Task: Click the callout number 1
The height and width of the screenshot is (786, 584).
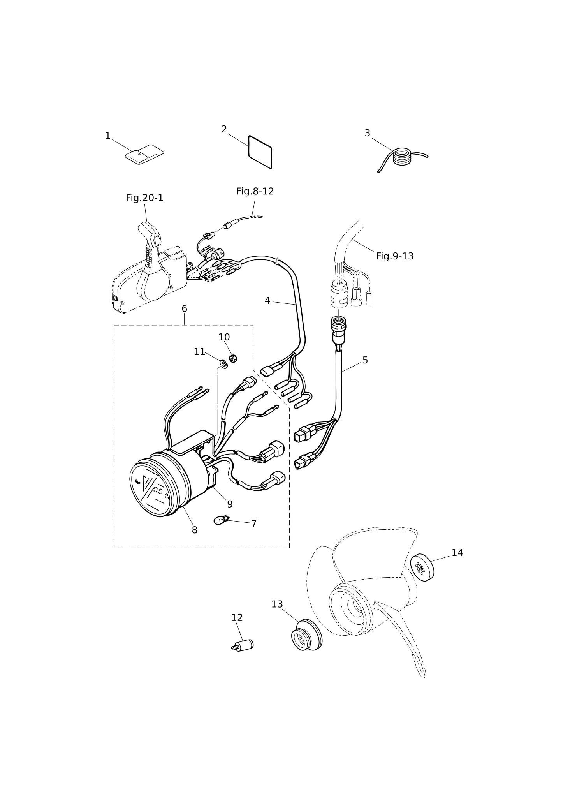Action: point(108,136)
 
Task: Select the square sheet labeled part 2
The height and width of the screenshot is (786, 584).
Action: point(260,152)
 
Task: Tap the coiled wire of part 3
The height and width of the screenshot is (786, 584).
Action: point(402,157)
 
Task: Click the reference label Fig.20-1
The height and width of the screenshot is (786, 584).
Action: point(144,198)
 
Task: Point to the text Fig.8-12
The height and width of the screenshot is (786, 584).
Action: point(255,191)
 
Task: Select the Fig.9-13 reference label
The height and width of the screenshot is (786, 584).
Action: point(395,256)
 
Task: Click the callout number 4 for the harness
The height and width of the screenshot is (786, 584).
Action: point(267,301)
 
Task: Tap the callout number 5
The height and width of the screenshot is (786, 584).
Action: point(365,360)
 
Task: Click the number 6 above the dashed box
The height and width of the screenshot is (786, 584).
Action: point(184,309)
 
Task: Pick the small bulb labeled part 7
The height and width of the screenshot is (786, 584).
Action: point(222,520)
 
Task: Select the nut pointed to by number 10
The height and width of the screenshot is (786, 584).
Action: point(233,358)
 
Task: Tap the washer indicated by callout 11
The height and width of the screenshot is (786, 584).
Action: point(223,364)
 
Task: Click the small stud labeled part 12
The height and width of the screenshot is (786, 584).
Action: point(243,645)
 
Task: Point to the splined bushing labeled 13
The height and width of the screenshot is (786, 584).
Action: point(307,635)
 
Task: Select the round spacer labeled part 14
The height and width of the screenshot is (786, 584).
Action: point(422,567)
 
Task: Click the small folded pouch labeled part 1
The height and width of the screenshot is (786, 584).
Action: point(144,154)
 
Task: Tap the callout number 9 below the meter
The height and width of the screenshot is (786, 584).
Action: point(230,504)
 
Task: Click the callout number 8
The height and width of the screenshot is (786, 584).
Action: point(195,530)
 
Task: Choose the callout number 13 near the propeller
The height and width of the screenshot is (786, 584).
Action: point(277,604)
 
